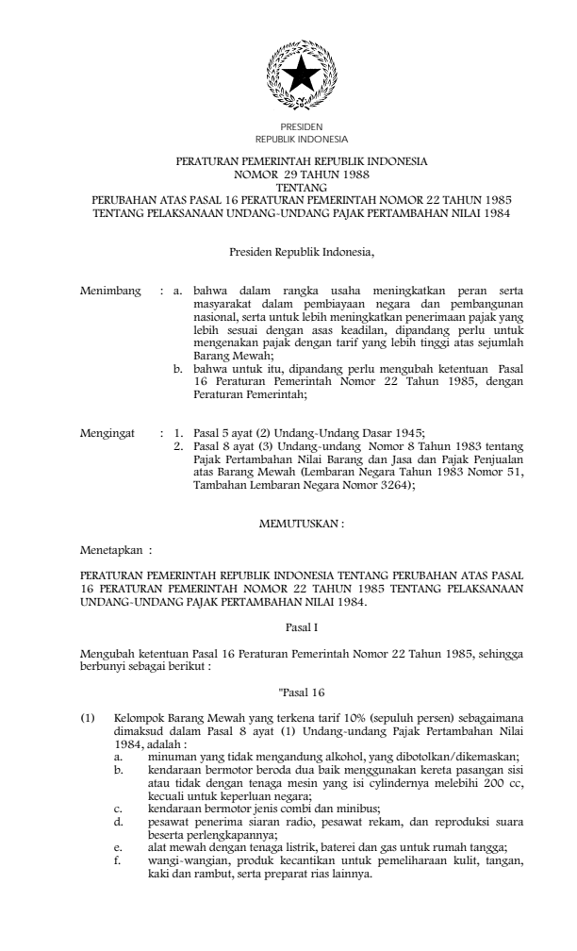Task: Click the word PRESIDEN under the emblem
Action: click(302, 125)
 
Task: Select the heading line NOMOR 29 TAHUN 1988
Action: click(302, 175)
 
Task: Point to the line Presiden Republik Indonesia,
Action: click(302, 253)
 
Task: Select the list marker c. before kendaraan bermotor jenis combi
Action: click(117, 808)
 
